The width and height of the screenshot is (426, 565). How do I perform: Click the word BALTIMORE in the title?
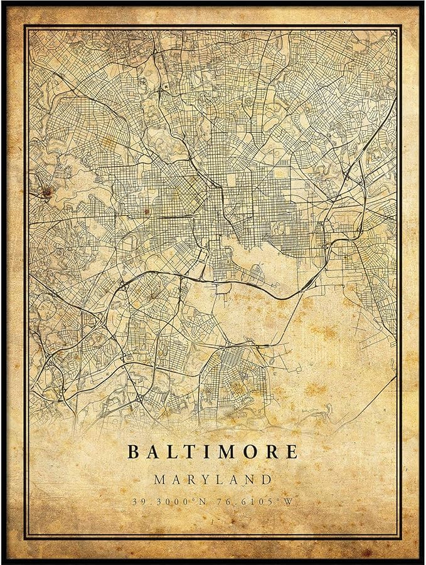[213, 451]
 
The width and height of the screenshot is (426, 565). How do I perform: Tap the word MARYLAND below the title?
[213, 480]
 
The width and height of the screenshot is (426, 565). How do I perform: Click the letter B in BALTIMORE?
[134, 451]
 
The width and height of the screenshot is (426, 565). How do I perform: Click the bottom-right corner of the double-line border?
[402, 538]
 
